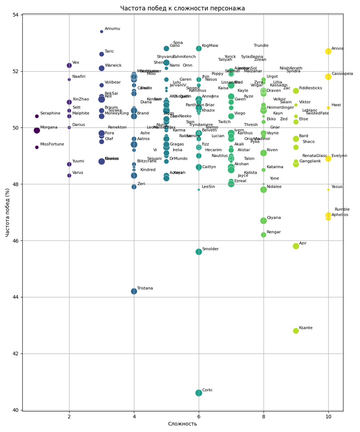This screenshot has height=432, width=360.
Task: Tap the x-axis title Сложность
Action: click(182, 424)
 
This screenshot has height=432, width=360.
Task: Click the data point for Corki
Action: click(199, 393)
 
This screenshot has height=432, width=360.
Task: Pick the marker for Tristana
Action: click(134, 291)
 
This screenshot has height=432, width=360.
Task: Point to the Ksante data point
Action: click(296, 331)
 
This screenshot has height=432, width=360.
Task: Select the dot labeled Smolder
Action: click(199, 252)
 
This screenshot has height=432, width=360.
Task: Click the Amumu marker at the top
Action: click(102, 32)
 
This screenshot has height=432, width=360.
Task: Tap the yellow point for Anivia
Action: click(328, 51)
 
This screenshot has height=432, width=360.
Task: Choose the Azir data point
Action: click(296, 246)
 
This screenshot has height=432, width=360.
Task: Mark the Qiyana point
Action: click(264, 221)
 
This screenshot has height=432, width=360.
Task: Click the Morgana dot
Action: click(37, 130)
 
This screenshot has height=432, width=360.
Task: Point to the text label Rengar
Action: click(274, 232)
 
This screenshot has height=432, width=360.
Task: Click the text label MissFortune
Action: click(52, 144)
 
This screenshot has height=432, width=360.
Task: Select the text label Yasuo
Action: click(337, 187)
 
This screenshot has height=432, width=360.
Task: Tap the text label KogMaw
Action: click(210, 46)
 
